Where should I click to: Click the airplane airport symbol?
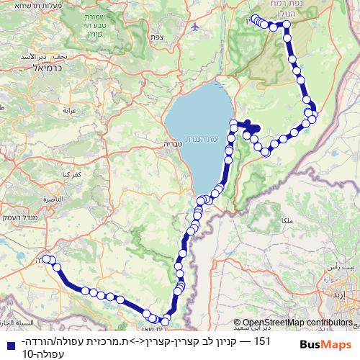click(x=195, y=26)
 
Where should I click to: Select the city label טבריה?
click(x=174, y=144)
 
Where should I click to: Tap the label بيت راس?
click(x=346, y=266)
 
